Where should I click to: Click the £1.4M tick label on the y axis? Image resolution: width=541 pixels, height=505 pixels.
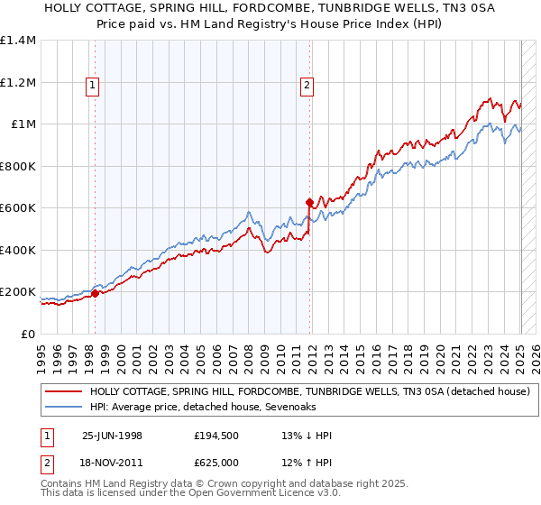pyautogui.click(x=19, y=41)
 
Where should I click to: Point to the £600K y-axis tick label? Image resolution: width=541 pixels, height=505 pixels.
pyautogui.click(x=19, y=208)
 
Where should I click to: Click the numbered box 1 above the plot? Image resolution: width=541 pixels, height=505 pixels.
pyautogui.click(x=94, y=86)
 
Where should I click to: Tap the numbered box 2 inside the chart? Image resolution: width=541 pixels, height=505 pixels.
pyautogui.click(x=307, y=86)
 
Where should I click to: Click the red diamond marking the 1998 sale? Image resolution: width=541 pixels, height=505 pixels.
pyautogui.click(x=96, y=293)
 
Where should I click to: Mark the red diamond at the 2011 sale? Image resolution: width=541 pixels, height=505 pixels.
pyautogui.click(x=309, y=202)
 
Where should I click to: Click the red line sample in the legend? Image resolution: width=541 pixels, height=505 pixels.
pyautogui.click(x=64, y=391)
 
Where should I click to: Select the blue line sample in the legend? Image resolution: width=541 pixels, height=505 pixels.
pyautogui.click(x=64, y=408)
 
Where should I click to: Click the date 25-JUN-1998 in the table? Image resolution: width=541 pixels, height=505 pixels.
pyautogui.click(x=112, y=436)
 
